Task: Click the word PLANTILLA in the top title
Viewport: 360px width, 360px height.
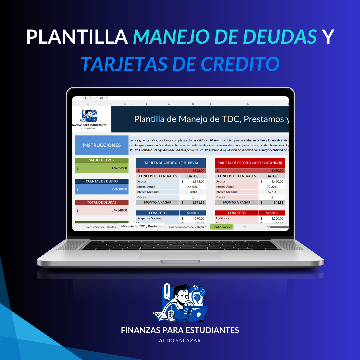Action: click(77, 37)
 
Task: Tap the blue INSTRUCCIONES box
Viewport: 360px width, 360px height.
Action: click(102, 145)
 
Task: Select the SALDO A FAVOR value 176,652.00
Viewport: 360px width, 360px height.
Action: click(119, 168)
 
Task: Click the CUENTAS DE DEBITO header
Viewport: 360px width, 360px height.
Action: click(102, 181)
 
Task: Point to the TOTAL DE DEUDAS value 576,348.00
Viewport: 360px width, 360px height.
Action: click(119, 210)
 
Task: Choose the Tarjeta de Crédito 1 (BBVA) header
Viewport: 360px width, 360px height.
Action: click(171, 163)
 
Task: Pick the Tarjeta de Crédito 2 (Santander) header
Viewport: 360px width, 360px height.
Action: click(250, 163)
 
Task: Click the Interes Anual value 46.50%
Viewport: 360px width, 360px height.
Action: click(193, 187)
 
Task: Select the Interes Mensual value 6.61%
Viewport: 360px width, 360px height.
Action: click(272, 192)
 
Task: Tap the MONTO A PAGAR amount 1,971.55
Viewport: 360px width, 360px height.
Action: click(198, 202)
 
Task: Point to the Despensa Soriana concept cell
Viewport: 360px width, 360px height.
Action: click(149, 218)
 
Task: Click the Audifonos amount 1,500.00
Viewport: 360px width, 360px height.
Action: click(277, 218)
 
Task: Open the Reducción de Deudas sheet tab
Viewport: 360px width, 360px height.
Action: click(101, 227)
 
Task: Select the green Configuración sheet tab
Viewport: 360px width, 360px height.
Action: click(222, 227)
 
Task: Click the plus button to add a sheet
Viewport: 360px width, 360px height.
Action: click(245, 227)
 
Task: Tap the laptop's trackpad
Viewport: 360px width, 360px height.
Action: click(180, 255)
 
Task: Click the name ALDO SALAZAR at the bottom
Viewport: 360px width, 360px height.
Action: click(180, 341)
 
